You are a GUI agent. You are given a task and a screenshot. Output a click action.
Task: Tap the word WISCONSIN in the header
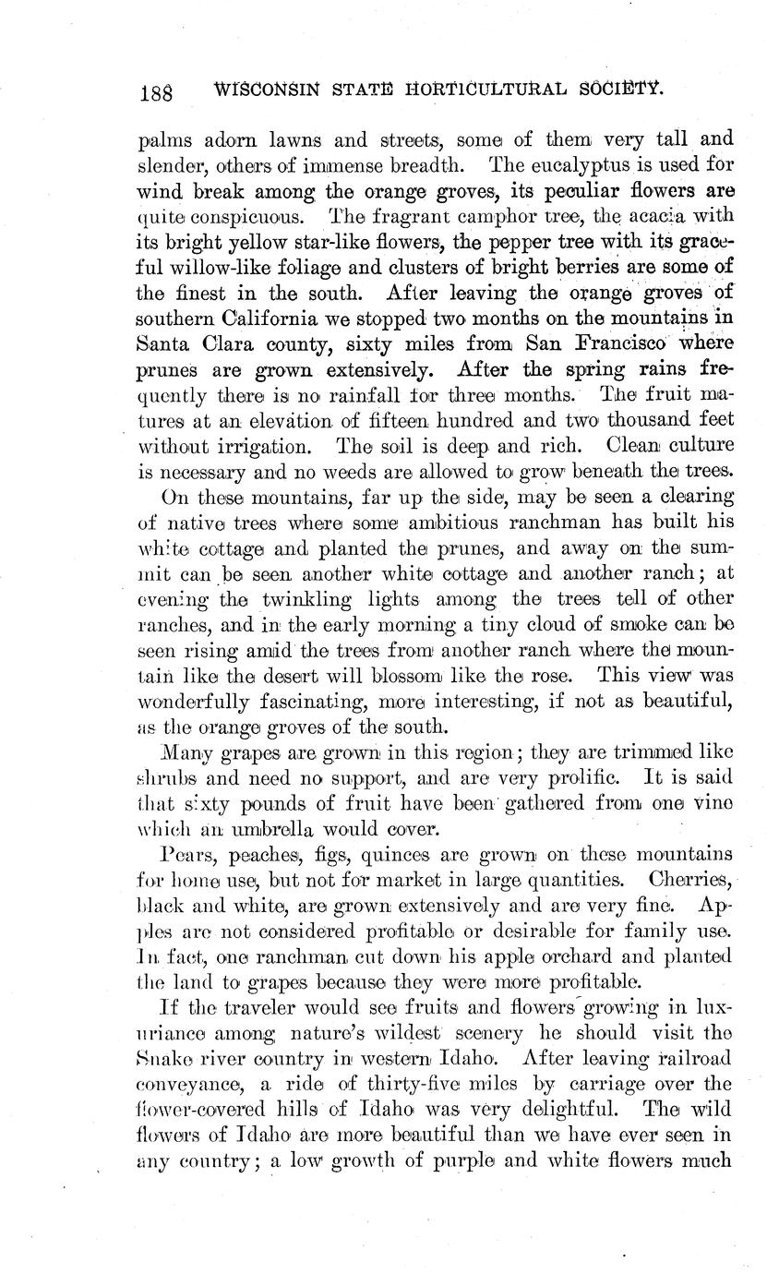tap(267, 90)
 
